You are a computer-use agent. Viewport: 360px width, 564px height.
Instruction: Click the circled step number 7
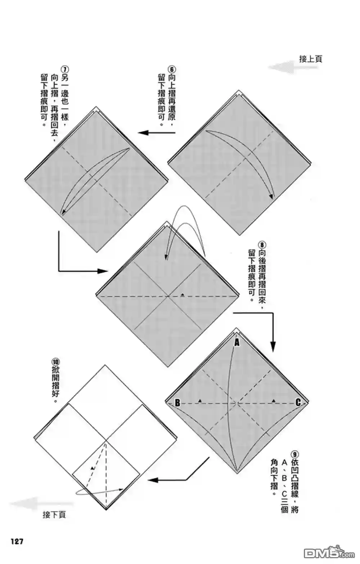click(64, 69)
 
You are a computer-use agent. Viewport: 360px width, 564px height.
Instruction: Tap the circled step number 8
click(262, 245)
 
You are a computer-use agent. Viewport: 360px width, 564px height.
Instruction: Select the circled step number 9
click(294, 455)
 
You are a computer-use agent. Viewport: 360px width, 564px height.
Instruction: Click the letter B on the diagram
click(177, 403)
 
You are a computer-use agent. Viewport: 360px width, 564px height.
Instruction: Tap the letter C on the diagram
click(298, 402)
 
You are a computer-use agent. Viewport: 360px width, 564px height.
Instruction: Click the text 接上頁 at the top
click(311, 59)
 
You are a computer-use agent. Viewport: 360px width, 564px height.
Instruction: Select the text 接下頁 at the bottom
click(54, 515)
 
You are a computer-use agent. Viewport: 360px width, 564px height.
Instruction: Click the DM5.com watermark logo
click(329, 553)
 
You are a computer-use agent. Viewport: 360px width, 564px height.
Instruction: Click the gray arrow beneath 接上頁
click(295, 67)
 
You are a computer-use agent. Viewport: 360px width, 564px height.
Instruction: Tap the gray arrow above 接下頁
click(41, 504)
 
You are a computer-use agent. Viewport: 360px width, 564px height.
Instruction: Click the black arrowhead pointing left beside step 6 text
click(143, 132)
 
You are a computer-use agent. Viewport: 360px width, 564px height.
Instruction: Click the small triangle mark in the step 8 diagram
click(183, 294)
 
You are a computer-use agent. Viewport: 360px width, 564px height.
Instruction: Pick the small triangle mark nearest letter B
click(200, 400)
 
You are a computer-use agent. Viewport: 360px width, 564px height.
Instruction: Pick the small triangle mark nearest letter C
click(274, 400)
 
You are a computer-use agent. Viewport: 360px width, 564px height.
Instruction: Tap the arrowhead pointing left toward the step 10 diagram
click(153, 480)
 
